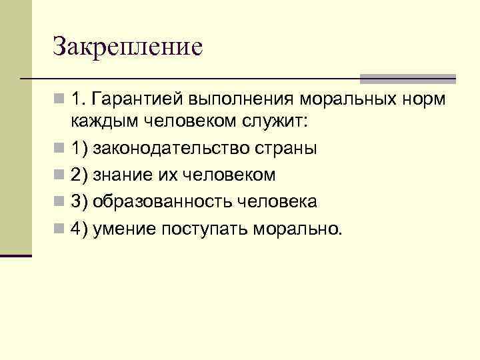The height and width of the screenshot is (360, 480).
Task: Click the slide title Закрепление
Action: [x=127, y=47]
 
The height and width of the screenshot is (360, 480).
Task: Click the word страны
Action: [x=289, y=148]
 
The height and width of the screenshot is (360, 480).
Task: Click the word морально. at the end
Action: [x=298, y=229]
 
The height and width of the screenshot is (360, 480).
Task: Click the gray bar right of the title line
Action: [x=407, y=79]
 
